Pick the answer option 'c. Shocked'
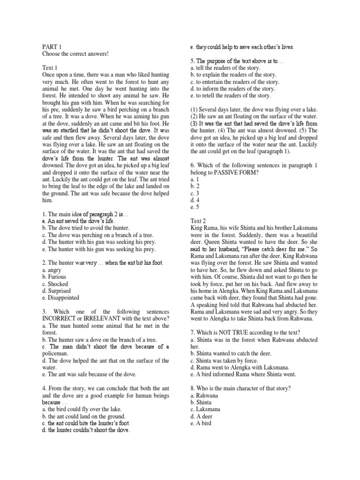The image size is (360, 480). [55, 284]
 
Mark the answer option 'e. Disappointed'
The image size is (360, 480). [60, 298]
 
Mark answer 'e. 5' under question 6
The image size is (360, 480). [194, 207]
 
